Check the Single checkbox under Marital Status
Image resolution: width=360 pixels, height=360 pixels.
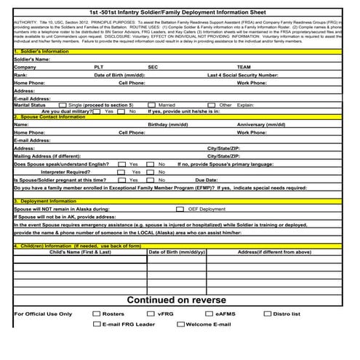point(63,105)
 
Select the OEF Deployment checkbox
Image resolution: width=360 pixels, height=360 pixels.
point(180,209)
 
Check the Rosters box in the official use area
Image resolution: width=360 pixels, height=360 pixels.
point(87,313)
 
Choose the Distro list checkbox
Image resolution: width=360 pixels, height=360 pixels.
point(266,313)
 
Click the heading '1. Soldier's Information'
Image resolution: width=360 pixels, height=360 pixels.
point(41,52)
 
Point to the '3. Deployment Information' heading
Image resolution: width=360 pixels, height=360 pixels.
point(44,201)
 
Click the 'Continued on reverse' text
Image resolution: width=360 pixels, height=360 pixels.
point(176,300)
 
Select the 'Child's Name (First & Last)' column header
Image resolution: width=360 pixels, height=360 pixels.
point(81,252)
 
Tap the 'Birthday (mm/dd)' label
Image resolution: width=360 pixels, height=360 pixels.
point(169,124)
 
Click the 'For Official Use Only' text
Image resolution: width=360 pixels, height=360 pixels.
point(43,314)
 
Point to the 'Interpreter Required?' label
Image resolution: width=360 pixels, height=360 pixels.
point(68,171)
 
